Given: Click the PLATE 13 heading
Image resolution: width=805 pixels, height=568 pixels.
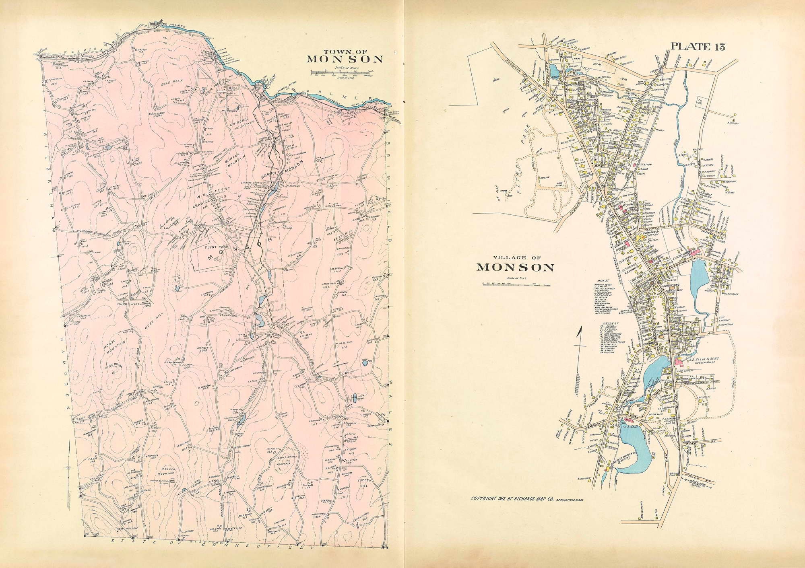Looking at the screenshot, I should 697,46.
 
